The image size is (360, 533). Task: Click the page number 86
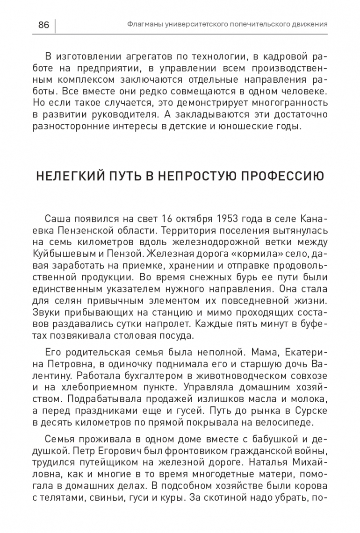[x=43, y=25]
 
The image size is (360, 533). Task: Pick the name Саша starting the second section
[x=56, y=220]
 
